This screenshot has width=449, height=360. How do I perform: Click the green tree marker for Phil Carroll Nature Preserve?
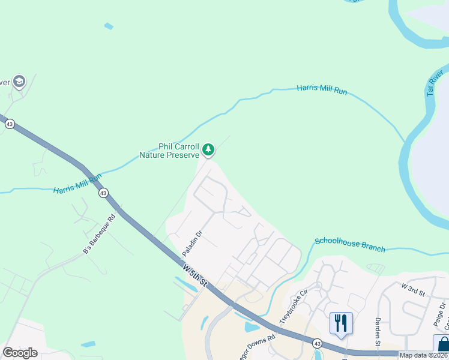(208, 149)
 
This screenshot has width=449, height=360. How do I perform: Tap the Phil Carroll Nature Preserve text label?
(169, 150)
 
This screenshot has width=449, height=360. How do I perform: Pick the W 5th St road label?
(195, 274)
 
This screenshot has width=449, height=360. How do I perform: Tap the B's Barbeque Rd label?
(98, 233)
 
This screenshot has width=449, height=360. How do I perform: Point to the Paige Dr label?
(442, 314)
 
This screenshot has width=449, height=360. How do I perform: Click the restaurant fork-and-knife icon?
(340, 323)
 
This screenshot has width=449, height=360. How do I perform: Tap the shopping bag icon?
(443, 345)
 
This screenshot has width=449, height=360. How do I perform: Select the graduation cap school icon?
(19, 81)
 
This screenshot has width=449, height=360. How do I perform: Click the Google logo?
(20, 353)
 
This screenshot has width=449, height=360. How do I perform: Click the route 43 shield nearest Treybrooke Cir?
(316, 343)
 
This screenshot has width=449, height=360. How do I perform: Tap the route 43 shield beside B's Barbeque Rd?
(103, 193)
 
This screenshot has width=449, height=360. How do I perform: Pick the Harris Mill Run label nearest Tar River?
(322, 90)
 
